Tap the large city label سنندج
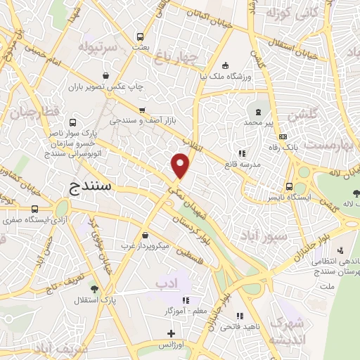[97, 186]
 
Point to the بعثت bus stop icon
[141, 37]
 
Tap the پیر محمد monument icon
[257, 112]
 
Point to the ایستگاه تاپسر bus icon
[290, 186]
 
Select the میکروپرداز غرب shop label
[145, 245]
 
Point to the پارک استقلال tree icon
[94, 288]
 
